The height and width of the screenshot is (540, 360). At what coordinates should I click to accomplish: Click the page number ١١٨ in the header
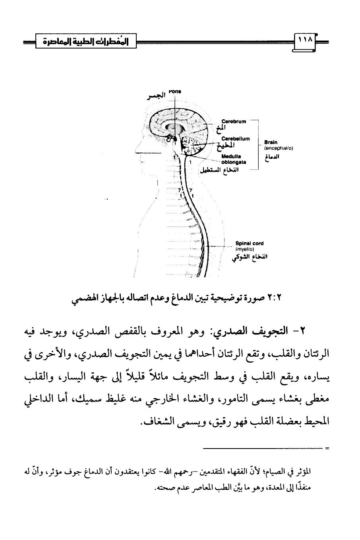(x=305, y=41)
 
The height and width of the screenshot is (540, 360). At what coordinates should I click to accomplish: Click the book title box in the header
(x=86, y=41)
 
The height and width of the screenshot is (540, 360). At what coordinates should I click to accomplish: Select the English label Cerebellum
(x=235, y=138)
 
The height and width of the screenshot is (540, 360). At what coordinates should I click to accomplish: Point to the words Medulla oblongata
(x=234, y=159)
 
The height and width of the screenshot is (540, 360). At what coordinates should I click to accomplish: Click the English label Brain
(x=270, y=142)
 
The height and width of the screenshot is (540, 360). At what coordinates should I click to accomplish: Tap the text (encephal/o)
(x=278, y=148)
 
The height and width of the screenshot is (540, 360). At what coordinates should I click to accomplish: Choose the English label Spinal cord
(x=249, y=243)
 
